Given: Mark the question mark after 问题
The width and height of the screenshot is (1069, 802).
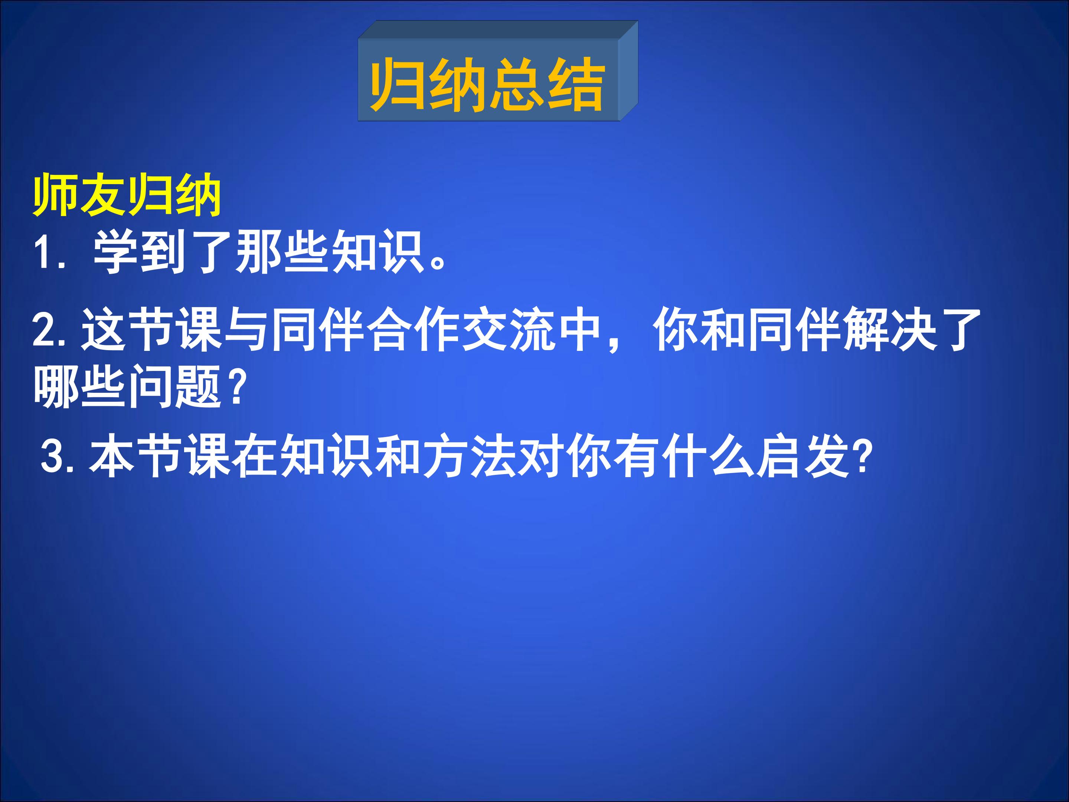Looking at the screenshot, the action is [x=236, y=386].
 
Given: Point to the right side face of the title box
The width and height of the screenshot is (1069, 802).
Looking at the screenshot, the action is [x=628, y=71].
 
